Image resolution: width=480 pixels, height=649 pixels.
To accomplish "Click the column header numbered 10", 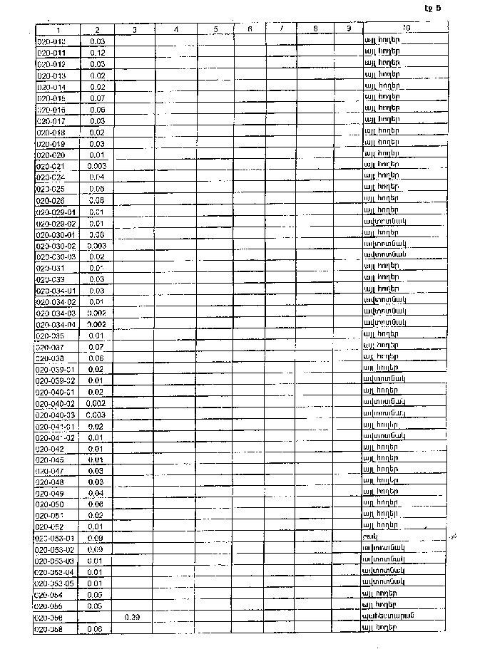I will [405, 29].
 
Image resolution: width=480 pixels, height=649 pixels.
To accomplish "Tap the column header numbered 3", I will [134, 29].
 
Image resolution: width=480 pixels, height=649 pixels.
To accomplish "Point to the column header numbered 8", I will [315, 29].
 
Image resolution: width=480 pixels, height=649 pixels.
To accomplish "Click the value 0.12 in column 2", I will [98, 53].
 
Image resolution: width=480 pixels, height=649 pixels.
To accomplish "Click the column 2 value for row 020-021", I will [97, 166].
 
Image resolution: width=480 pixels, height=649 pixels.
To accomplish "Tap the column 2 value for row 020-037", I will [97, 347].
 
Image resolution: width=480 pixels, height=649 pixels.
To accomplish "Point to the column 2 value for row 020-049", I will [97, 493].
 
